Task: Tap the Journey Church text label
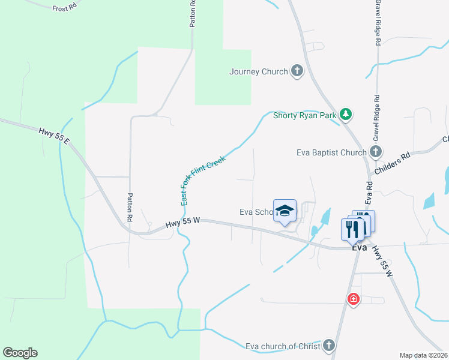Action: [x=259, y=72]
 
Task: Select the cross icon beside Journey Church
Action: [x=297, y=71]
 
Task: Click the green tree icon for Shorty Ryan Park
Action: [x=345, y=113]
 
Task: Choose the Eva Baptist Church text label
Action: [x=331, y=152]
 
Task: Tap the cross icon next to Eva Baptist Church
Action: [x=376, y=151]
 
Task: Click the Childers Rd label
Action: [x=392, y=163]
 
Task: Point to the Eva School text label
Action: [x=257, y=212]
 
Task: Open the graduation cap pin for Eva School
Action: [x=285, y=211]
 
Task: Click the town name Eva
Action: [x=359, y=247]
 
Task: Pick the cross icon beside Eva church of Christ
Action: [x=328, y=345]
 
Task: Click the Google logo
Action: [x=20, y=353]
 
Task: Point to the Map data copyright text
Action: [x=424, y=355]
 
